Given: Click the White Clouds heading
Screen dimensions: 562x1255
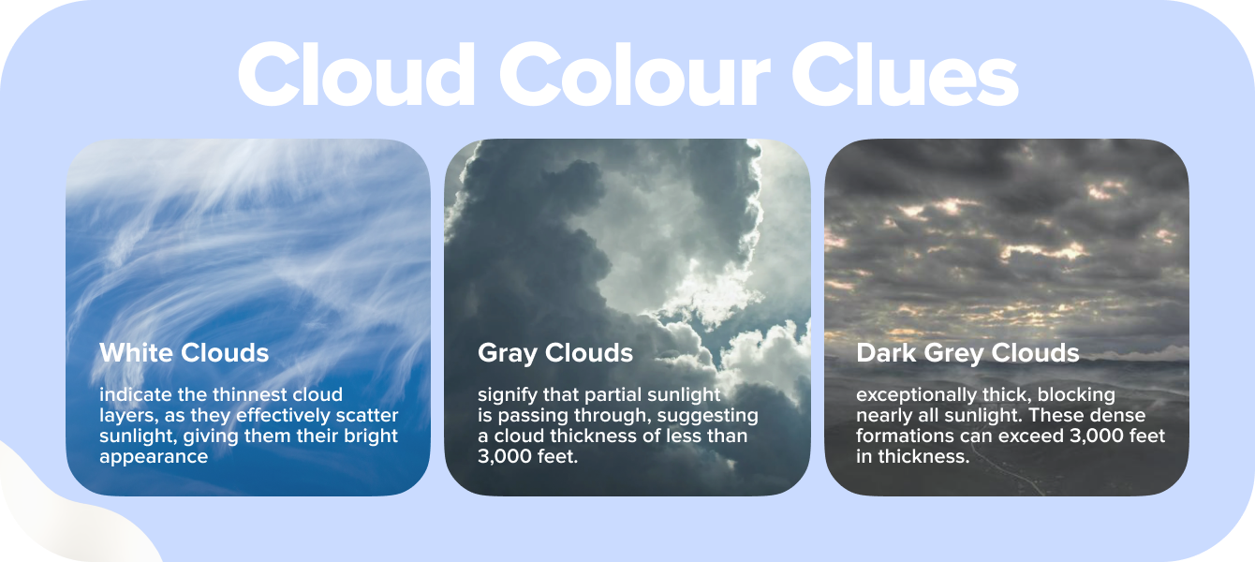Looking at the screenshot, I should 185,353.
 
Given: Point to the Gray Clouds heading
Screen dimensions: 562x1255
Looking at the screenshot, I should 555,353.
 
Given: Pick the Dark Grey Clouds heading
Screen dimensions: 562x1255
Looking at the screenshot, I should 967,353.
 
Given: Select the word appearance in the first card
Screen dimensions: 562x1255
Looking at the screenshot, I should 154,457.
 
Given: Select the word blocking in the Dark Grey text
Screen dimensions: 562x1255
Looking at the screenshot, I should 1077,394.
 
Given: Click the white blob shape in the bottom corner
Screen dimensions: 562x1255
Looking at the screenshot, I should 56,515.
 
